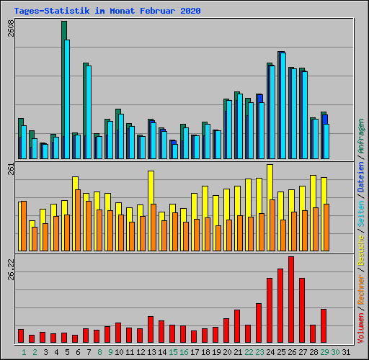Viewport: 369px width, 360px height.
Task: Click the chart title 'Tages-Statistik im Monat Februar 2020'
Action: click(107, 11)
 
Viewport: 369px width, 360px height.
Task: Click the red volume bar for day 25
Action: click(280, 306)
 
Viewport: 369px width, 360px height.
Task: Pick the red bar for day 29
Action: click(324, 325)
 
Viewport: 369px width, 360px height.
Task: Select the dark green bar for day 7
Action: click(85, 101)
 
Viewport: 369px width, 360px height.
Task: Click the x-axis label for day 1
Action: click(24, 352)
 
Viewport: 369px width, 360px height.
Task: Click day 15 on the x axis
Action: click(174, 352)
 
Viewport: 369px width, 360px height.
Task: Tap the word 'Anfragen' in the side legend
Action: click(361, 136)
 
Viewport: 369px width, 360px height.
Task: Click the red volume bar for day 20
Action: click(226, 330)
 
